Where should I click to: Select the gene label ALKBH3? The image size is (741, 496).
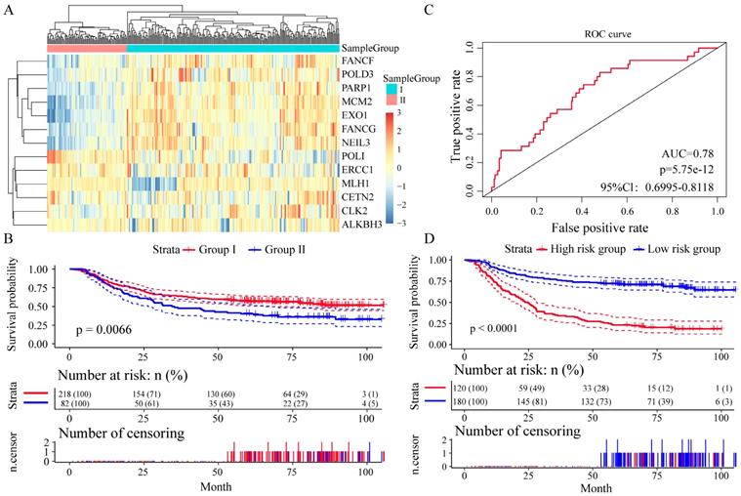(x=363, y=224)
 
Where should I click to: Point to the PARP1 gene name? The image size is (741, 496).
(x=358, y=88)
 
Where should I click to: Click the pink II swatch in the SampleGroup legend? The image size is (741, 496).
(x=391, y=99)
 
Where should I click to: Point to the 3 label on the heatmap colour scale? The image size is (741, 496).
(x=401, y=115)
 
